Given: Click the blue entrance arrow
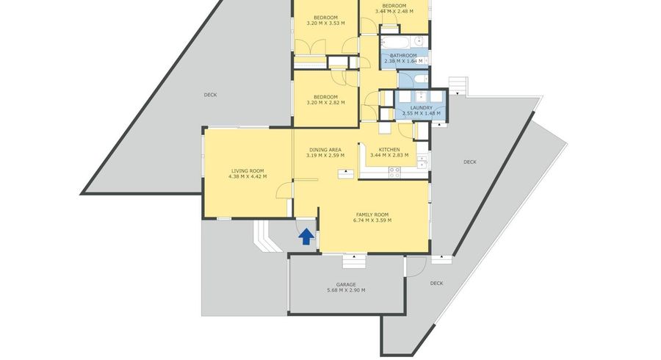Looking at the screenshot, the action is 306,237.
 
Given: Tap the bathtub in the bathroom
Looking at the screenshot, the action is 395,43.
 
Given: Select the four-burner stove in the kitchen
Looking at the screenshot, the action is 394,172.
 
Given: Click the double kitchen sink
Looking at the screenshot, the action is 422,162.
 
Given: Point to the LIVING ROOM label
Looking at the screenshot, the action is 248,171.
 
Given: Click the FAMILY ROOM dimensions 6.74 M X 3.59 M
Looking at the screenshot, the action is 372,220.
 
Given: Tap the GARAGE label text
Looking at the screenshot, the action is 346,284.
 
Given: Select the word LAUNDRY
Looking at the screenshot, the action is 421,108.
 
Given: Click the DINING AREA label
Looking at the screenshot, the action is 325,150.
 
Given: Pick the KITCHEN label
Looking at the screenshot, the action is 389,150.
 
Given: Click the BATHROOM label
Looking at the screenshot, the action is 403,55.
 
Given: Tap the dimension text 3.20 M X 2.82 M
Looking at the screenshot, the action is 325,102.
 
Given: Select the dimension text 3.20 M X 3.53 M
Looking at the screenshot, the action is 325,24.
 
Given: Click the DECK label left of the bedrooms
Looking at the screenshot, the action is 210,95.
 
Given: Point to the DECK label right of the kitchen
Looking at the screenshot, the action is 469,162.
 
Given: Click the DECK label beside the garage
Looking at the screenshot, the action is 436,284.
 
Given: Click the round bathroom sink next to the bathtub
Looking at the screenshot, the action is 419,41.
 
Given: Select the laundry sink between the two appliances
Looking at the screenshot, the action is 421,96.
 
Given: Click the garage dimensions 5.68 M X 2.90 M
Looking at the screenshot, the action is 346,290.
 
